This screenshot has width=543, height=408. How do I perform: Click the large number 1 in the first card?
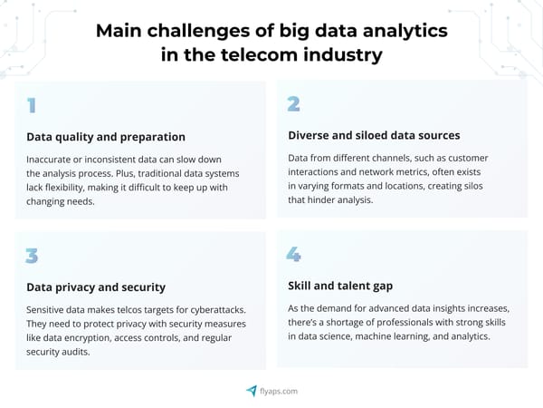click(32, 106)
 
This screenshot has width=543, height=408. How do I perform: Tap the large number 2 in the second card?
click(293, 104)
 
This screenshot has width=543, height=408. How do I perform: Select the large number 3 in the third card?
click(32, 256)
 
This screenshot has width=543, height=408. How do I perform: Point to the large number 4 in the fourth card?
click(293, 255)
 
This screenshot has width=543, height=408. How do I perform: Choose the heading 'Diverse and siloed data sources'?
click(374, 135)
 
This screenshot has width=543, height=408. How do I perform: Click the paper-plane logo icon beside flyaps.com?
click(252, 391)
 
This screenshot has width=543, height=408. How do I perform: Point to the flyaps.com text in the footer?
click(280, 391)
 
